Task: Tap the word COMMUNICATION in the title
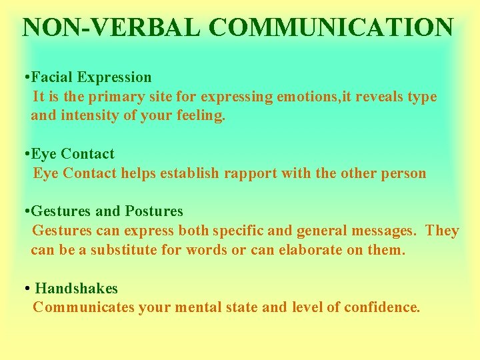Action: [x=331, y=27]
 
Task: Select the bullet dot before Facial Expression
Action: [x=25, y=78]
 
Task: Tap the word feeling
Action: [x=203, y=116]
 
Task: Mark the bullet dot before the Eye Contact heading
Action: [x=25, y=155]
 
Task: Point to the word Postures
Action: [x=153, y=211]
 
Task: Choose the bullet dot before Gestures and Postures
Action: [x=25, y=212]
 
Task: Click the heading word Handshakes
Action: [x=76, y=289]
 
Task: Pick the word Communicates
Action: [x=83, y=307]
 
